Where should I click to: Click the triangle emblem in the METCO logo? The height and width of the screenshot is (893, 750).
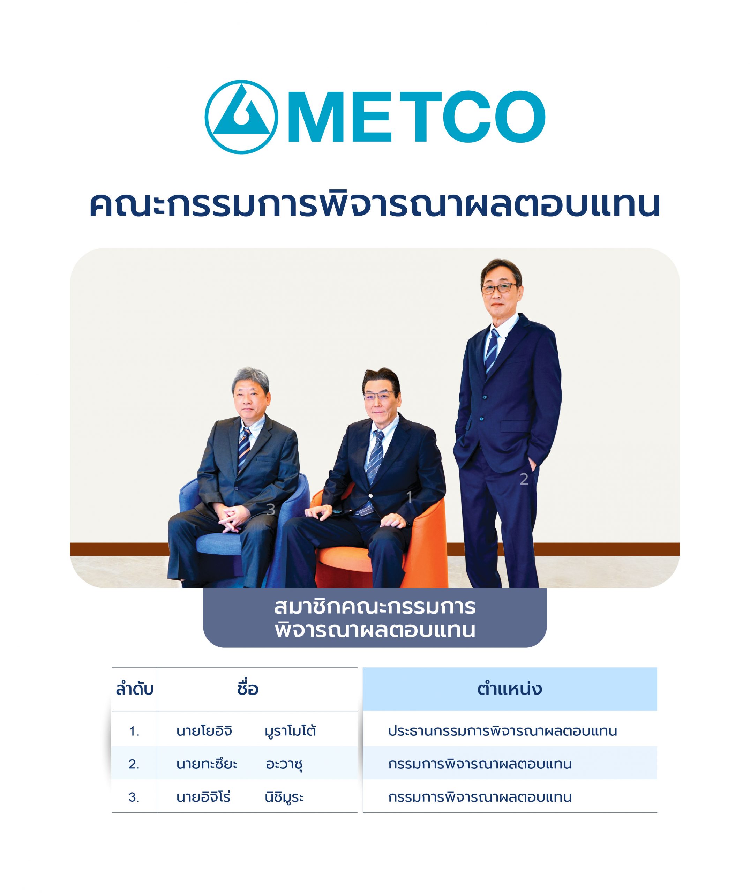coord(241,117)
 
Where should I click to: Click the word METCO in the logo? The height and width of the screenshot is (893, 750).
coord(417,117)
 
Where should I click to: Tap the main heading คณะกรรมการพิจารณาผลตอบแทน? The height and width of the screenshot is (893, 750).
coord(375,204)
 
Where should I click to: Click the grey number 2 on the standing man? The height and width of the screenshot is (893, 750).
coord(524,479)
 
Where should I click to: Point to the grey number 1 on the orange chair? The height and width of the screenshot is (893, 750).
coord(410,497)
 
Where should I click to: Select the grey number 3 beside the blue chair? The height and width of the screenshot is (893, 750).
coord(270,509)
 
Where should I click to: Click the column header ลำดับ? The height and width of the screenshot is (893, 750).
coord(134,689)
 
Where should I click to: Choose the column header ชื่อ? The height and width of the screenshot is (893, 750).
coord(248,689)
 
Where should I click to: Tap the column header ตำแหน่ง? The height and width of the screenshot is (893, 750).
coord(509,689)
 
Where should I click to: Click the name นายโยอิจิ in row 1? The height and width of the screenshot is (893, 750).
coord(204,731)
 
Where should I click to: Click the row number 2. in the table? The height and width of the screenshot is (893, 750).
coord(134,764)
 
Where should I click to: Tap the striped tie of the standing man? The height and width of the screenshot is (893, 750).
coord(492,351)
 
